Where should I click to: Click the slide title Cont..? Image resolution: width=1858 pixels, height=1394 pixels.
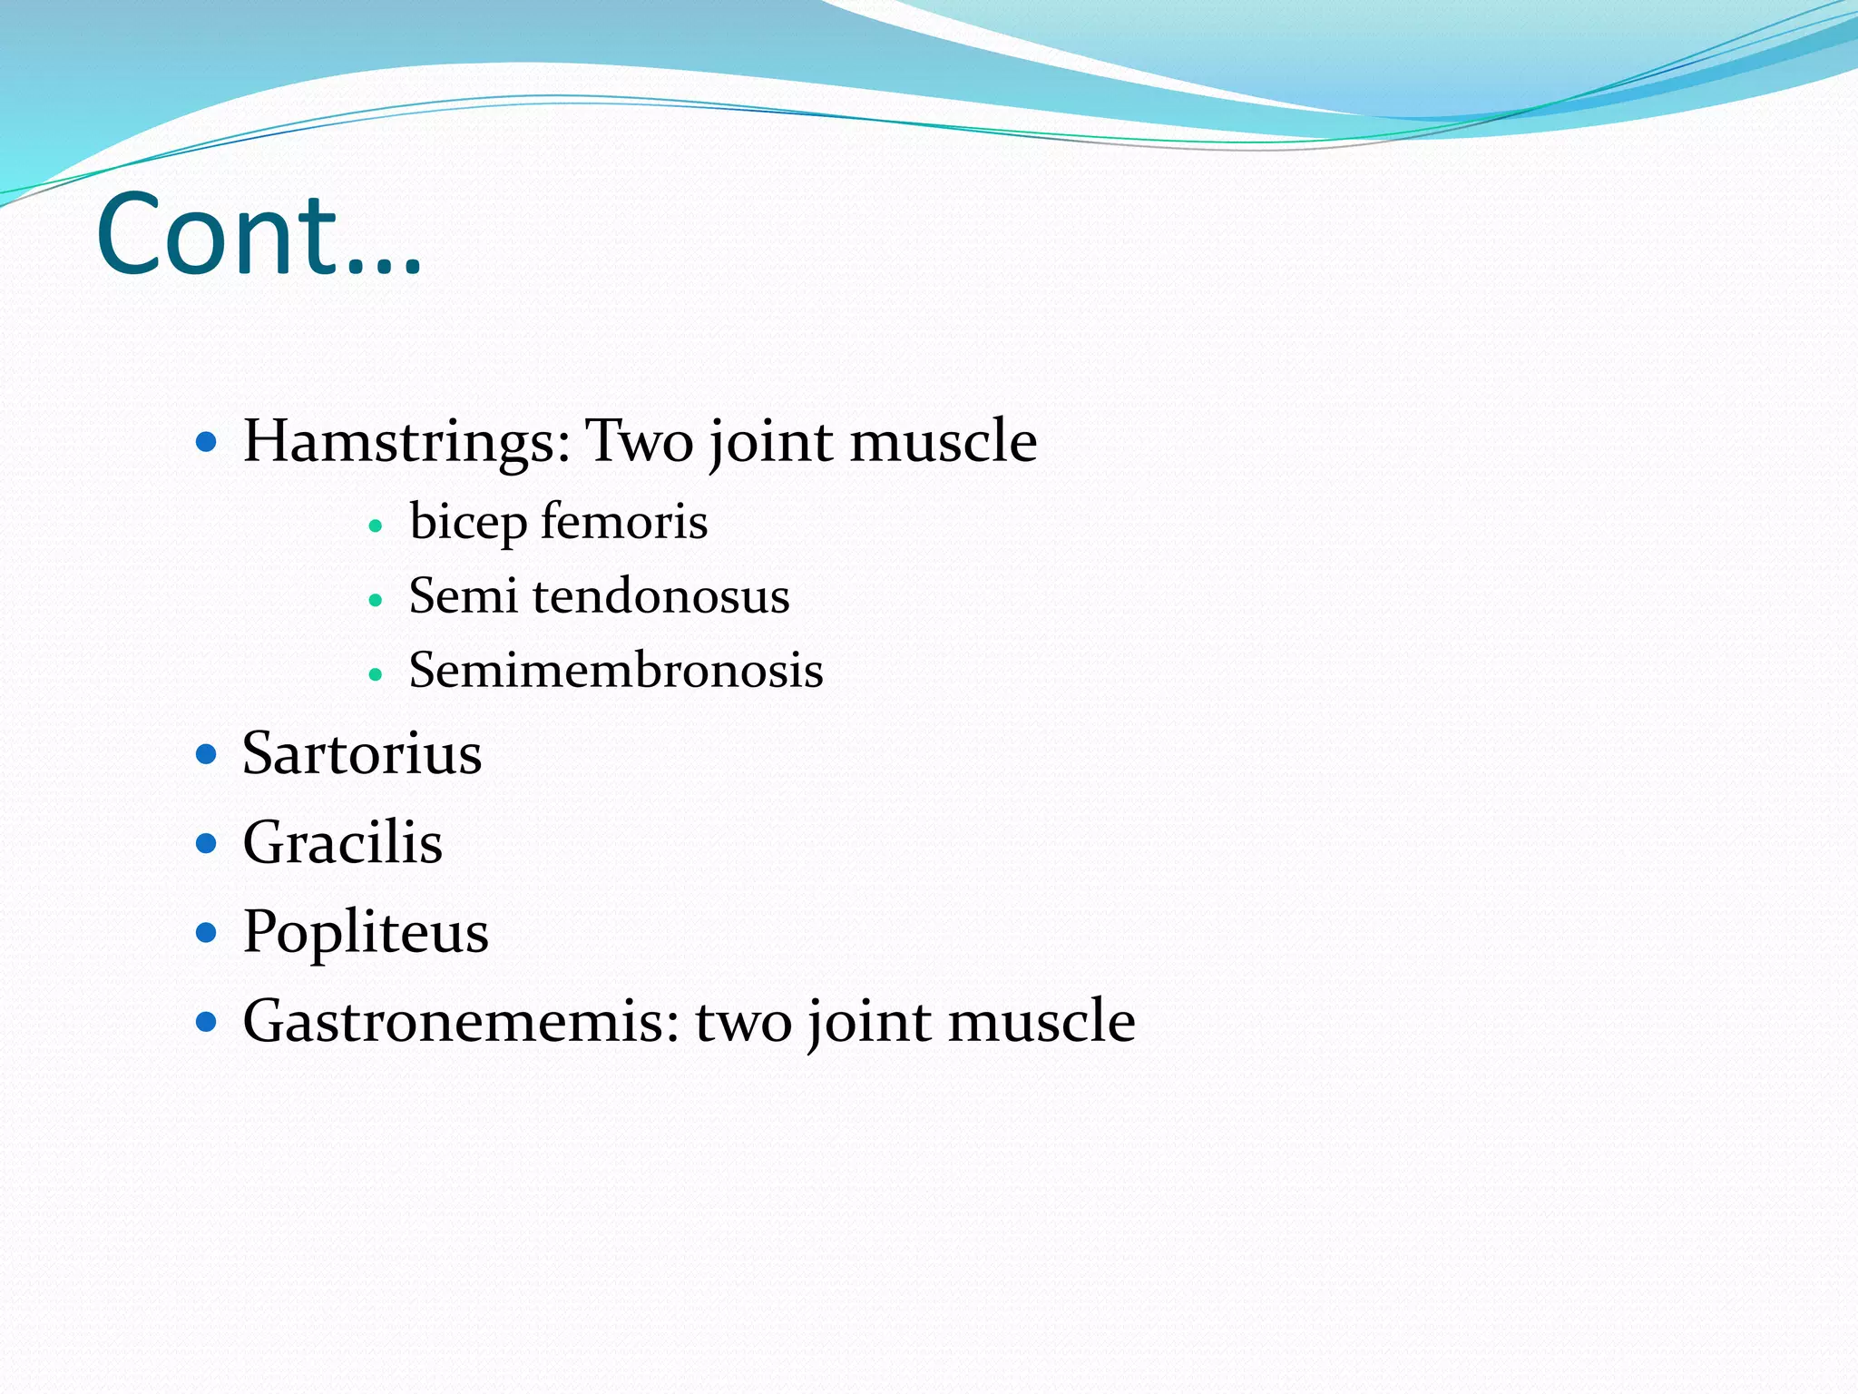coord(259,234)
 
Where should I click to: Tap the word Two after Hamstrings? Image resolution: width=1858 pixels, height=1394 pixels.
coord(639,442)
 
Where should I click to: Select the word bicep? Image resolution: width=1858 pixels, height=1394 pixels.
coord(468,523)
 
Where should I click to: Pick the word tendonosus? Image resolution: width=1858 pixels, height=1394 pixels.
coord(661,596)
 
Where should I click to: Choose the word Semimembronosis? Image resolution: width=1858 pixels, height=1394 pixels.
coord(616,671)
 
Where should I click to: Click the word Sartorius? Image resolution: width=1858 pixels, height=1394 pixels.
coord(362,754)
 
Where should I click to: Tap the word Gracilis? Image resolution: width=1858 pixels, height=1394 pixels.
coord(343,842)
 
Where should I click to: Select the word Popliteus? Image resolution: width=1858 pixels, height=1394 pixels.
coord(366,932)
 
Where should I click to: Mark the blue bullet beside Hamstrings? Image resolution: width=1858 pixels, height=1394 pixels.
coord(207,443)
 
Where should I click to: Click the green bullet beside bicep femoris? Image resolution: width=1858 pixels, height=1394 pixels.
coord(376,525)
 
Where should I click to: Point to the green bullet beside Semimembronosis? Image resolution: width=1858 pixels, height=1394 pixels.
coord(376,674)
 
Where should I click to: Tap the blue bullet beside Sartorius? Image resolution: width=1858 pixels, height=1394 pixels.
coord(207,754)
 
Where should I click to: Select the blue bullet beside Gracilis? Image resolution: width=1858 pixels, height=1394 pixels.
coord(207,843)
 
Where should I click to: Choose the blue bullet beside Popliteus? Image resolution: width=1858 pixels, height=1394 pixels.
coord(207,932)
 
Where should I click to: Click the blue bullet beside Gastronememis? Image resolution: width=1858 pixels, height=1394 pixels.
coord(207,1022)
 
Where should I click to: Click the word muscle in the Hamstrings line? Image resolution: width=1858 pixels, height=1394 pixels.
coord(944,442)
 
